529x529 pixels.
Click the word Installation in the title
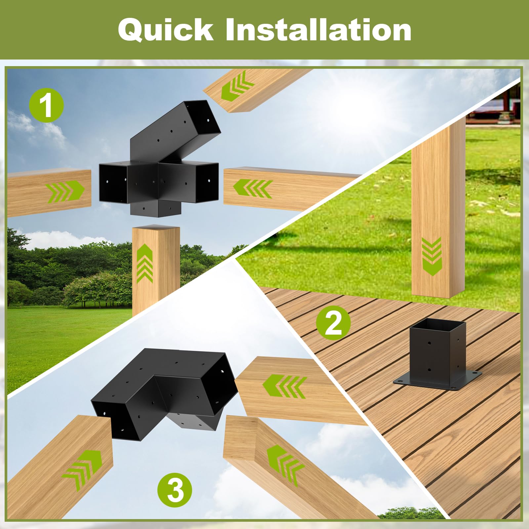[318, 30]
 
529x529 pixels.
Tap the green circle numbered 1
[46, 106]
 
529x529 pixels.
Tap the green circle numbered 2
[333, 324]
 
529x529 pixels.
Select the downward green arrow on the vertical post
[432, 256]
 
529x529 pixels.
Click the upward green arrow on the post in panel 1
[144, 263]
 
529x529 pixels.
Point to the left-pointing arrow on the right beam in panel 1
[253, 189]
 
